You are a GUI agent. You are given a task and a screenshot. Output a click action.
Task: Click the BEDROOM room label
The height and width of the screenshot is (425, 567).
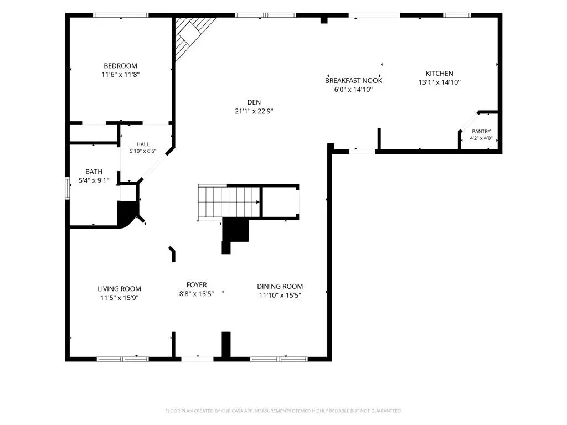tap(120, 66)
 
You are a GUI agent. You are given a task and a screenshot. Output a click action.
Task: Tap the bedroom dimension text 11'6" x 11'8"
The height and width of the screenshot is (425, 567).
tap(120, 75)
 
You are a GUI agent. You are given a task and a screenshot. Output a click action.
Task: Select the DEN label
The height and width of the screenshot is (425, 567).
tap(254, 102)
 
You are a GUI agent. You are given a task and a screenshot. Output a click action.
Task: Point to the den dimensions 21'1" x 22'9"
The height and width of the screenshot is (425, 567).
tap(254, 111)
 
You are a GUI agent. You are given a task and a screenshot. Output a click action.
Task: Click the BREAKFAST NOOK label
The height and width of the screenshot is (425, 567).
tap(353, 81)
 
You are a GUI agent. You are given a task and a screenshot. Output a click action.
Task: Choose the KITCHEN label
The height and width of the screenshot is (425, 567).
tap(439, 74)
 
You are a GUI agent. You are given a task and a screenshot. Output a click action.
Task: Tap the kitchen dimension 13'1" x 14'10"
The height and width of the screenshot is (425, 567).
tap(439, 82)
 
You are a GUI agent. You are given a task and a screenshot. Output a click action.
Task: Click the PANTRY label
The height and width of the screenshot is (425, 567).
tap(481, 132)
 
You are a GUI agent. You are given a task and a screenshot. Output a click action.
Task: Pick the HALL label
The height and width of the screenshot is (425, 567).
tap(143, 144)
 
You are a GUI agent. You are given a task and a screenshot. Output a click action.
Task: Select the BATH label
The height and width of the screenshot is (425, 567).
tap(94, 172)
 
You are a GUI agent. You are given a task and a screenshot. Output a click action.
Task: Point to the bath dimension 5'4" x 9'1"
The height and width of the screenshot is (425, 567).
tap(94, 180)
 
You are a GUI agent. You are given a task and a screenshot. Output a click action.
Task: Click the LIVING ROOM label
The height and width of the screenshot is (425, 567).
tap(120, 289)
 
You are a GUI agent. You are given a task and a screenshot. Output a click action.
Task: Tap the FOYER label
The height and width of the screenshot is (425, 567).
tap(197, 285)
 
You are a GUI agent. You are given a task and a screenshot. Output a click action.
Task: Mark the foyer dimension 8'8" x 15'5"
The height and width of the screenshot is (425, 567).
tap(197, 294)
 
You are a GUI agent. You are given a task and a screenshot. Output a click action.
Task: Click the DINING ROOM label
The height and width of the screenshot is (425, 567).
tap(280, 286)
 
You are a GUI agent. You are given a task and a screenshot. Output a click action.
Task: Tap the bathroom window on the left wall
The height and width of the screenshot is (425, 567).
tap(67, 188)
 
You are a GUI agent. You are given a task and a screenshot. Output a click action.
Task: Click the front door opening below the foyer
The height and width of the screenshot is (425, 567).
tap(197, 359)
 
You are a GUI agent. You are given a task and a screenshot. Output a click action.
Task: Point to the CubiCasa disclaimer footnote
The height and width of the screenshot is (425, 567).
tap(283, 411)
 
